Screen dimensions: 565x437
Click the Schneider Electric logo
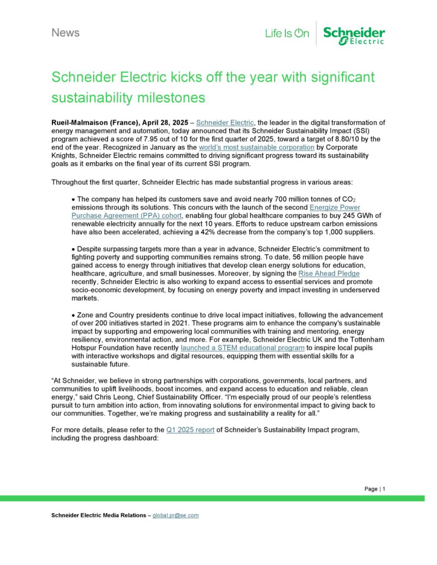point(354,35)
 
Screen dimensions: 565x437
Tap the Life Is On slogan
point(287,33)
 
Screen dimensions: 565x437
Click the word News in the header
point(66,33)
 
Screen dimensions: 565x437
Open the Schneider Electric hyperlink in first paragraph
point(225,123)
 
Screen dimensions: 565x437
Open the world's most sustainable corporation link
point(256,147)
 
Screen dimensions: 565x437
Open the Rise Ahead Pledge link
point(329,274)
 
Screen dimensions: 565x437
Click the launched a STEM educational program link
point(243,348)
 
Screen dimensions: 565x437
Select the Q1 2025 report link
point(190,430)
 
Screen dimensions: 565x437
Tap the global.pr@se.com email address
point(175,515)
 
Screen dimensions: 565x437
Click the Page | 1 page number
point(375,489)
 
